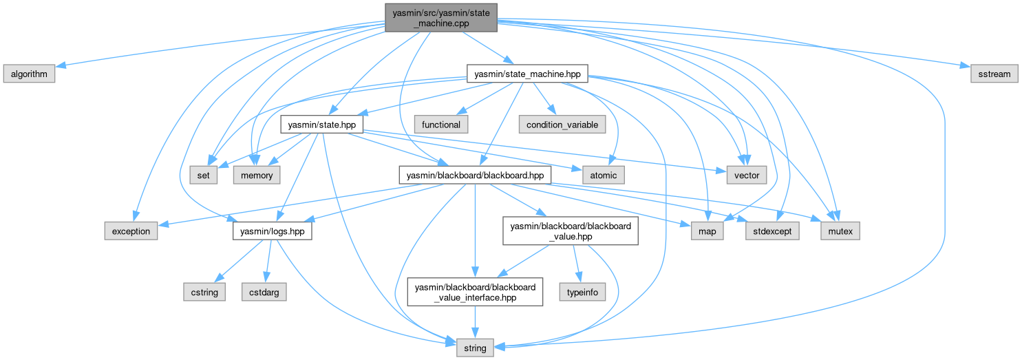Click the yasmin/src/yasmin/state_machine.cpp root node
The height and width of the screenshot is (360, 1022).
[x=440, y=17]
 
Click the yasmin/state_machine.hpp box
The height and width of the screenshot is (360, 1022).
[x=527, y=74]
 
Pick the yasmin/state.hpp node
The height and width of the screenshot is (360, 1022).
[x=321, y=125]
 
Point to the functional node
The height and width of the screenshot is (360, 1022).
[x=441, y=125]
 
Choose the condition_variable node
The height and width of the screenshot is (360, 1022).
[x=563, y=125]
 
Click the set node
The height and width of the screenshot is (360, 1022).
[x=204, y=176]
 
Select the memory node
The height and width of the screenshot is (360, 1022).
[x=257, y=176]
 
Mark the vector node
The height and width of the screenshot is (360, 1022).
[x=747, y=176]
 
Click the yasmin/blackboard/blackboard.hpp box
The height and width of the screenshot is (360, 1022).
[x=475, y=176]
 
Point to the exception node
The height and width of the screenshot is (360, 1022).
[x=131, y=231]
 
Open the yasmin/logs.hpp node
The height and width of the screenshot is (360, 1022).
[x=273, y=231]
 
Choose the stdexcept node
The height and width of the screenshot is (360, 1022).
[x=772, y=231]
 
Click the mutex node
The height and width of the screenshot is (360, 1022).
[x=840, y=231]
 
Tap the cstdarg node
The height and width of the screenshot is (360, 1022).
[x=264, y=292]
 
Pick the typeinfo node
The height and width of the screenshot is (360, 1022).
[x=582, y=292]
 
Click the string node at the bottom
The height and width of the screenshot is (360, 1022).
[x=475, y=348]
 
